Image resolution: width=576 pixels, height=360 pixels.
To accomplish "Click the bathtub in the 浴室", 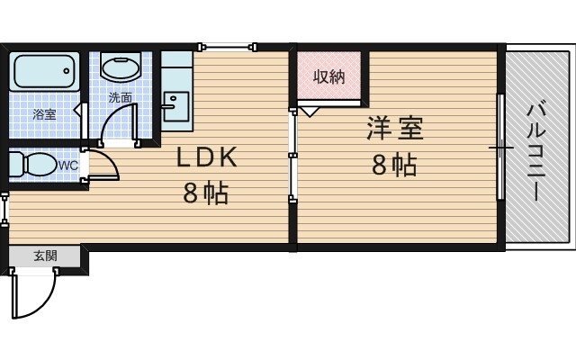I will click(44, 69).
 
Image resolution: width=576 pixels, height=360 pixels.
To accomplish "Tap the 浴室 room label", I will click(43, 114).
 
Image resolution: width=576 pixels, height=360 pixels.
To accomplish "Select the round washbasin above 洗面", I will click(119, 67).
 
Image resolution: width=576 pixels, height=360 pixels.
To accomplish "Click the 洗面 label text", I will click(120, 96).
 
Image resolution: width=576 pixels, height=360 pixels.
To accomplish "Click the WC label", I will click(68, 166).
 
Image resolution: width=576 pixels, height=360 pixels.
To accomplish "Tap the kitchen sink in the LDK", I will click(175, 101).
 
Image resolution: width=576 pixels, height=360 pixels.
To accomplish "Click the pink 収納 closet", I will click(329, 77).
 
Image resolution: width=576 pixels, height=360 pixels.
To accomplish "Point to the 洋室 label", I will click(394, 129).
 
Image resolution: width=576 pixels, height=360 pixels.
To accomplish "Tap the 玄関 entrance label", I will click(45, 256).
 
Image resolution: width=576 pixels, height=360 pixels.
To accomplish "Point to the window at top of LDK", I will click(229, 46).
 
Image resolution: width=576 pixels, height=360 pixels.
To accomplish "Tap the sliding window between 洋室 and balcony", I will click(499, 146).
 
